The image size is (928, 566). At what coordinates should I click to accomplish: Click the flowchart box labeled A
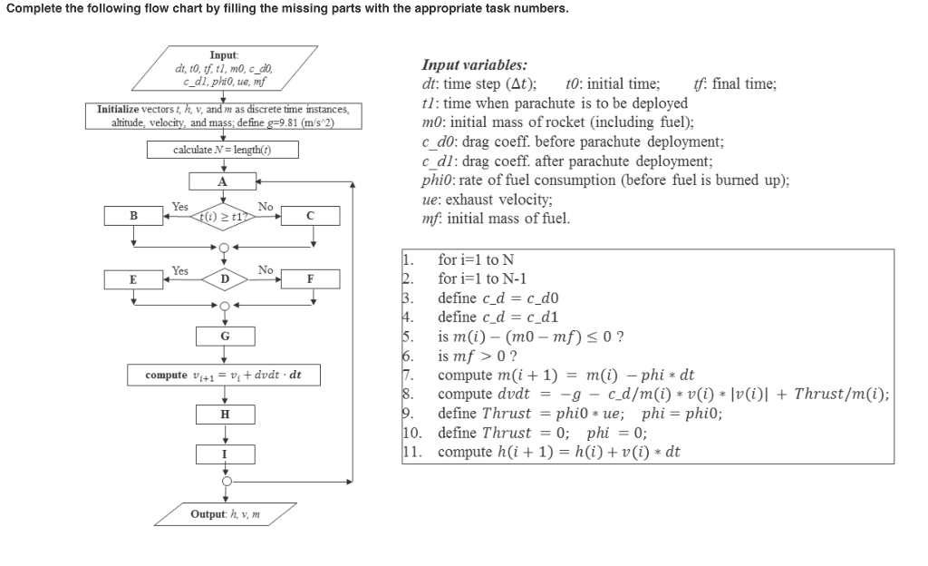point(223,181)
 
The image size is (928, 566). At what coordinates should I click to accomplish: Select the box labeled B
point(134,216)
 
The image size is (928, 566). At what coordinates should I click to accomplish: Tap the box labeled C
point(310,216)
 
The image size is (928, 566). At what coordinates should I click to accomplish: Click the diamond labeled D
point(223,278)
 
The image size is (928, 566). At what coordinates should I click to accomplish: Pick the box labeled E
point(134,278)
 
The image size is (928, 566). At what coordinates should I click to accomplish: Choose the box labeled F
point(310,278)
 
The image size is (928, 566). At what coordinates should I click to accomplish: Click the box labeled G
point(223,336)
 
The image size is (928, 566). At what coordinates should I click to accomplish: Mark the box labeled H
point(223,414)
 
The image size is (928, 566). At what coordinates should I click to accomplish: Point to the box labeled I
point(223,453)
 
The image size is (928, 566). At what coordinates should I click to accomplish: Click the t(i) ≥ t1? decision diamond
point(223,216)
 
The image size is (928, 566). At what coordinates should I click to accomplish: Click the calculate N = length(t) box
point(223,149)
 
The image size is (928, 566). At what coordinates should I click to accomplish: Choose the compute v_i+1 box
point(223,375)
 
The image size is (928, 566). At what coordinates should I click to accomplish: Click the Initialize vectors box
point(223,115)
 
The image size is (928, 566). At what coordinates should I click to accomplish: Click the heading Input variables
point(475,65)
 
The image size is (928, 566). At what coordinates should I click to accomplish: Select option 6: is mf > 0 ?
point(478,356)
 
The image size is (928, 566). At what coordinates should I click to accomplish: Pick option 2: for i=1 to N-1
point(481,278)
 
